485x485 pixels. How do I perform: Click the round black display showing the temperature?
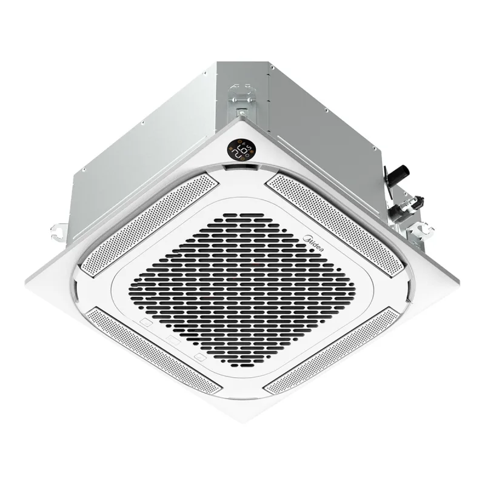241,149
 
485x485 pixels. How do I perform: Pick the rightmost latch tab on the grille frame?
200,358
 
